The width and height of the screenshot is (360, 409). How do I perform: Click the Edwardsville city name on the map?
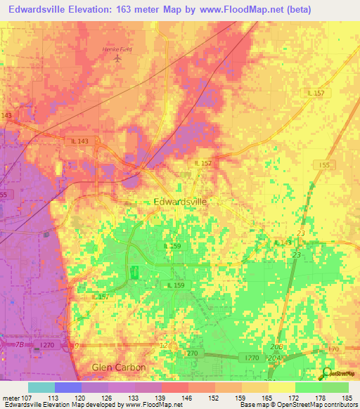pos(180,201)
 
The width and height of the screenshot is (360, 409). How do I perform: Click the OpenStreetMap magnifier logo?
pos(327,373)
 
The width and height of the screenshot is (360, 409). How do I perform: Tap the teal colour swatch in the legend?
pos(41,387)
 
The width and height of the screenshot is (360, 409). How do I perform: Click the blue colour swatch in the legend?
pos(68,387)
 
